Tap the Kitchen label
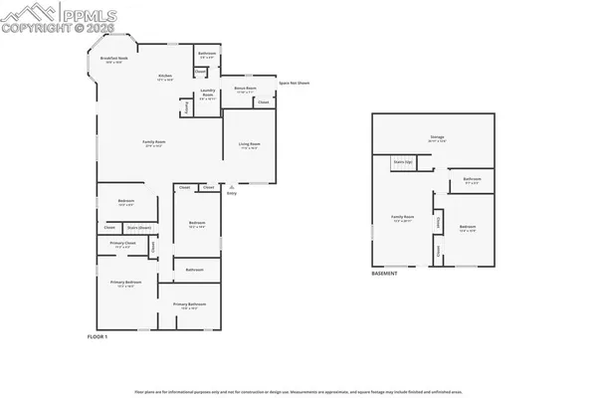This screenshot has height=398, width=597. pos(166,78)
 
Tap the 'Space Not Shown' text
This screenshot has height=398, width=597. pos(294,83)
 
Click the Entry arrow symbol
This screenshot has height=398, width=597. pos(232,186)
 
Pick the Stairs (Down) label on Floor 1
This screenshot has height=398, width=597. pos(138,228)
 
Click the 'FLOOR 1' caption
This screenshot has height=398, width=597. pos(97,338)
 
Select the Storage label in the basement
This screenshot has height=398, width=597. pos(437,140)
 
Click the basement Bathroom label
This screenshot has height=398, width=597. pos(472,180)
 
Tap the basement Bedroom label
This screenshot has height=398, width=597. pos(468,229)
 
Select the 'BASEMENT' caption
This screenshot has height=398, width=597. pos(384,274)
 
